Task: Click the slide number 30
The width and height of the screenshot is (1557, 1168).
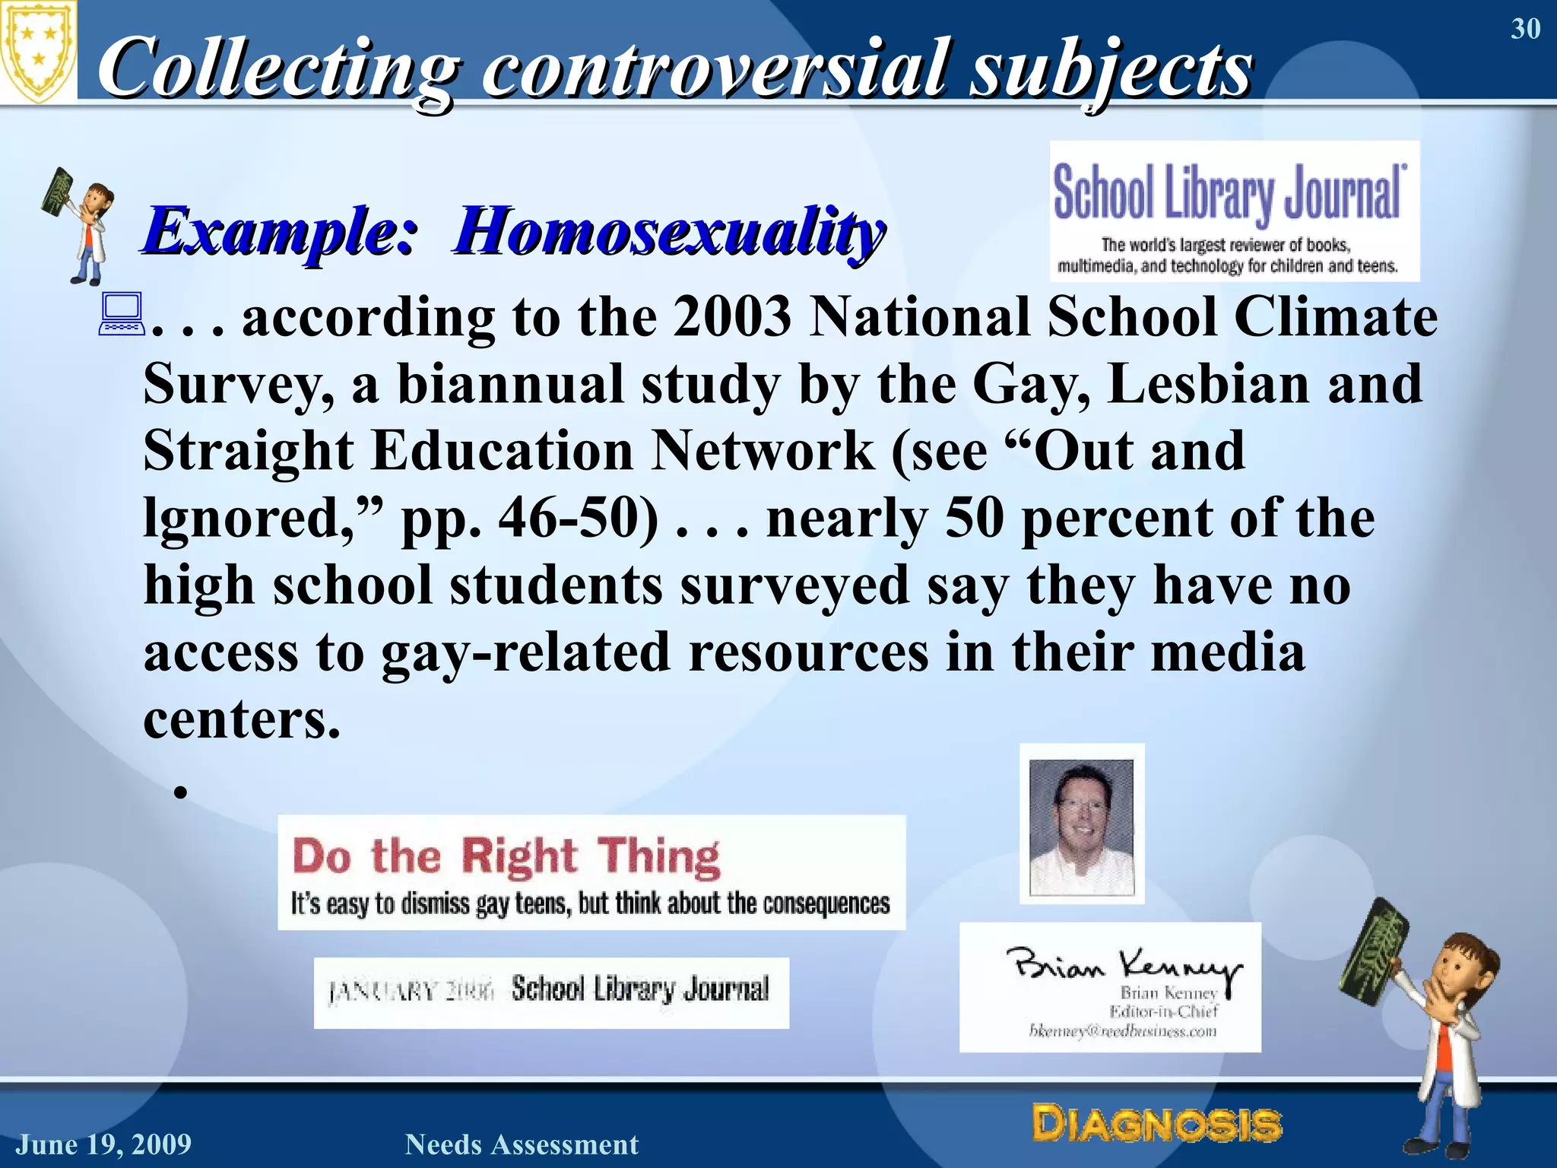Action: pyautogui.click(x=1525, y=29)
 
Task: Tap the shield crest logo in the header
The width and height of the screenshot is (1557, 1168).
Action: pyautogui.click(x=38, y=52)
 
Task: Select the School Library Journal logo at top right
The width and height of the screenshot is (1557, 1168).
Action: pyautogui.click(x=1234, y=211)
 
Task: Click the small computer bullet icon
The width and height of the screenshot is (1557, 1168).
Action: pyautogui.click(x=121, y=315)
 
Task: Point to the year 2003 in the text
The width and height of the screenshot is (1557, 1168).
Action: pyautogui.click(x=731, y=316)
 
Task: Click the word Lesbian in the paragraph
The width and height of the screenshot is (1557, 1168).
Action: pyautogui.click(x=1208, y=383)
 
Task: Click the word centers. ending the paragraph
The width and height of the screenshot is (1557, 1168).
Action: pyautogui.click(x=242, y=719)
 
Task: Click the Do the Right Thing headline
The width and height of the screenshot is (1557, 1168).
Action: pyautogui.click(x=506, y=856)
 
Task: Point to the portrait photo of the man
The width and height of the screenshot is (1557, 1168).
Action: pyautogui.click(x=1081, y=824)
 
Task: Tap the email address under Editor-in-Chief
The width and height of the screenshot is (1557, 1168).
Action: pyautogui.click(x=1122, y=1031)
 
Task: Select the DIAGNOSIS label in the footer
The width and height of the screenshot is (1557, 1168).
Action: pyautogui.click(x=1156, y=1124)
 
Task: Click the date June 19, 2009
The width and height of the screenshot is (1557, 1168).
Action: pyautogui.click(x=104, y=1144)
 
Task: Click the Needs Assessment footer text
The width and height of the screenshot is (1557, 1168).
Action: pyautogui.click(x=522, y=1144)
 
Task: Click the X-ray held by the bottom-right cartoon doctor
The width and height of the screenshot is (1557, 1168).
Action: pyautogui.click(x=1373, y=951)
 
